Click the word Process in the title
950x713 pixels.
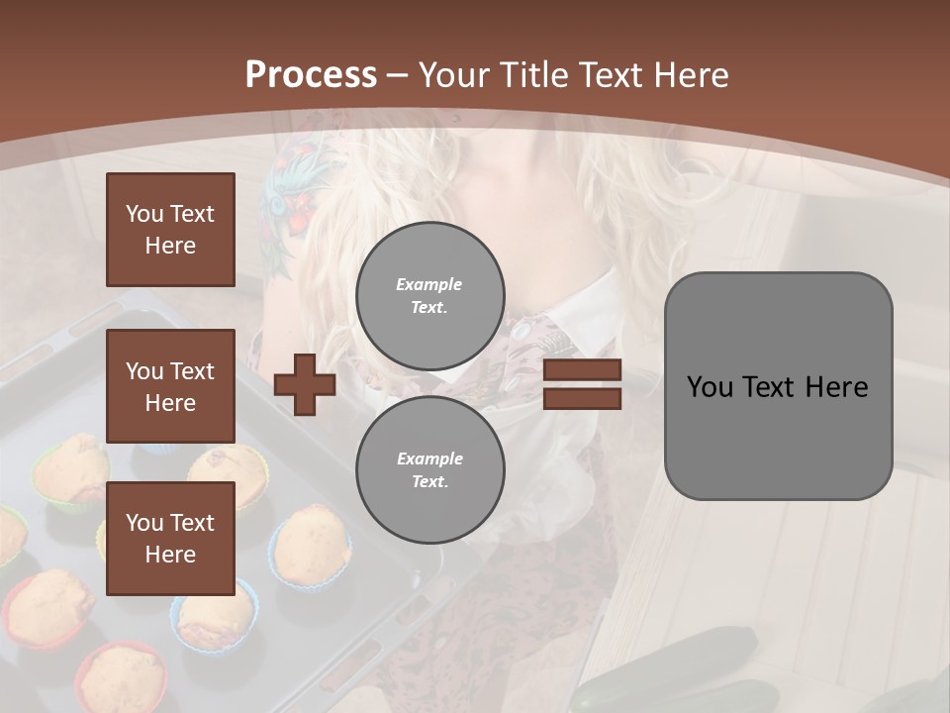pos(311,75)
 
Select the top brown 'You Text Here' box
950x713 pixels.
pos(170,230)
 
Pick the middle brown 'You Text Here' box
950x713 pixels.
pos(170,386)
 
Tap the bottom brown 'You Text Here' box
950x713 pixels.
pos(170,538)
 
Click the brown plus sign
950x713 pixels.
pos(305,384)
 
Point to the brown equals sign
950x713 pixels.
pos(582,384)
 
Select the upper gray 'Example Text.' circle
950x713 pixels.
pos(430,296)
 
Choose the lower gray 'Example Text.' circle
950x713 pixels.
pos(430,469)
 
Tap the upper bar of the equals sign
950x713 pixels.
pos(582,370)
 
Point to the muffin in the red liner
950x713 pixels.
pos(121,678)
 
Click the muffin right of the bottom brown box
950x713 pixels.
pos(311,545)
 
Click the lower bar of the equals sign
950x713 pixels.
pos(582,398)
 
